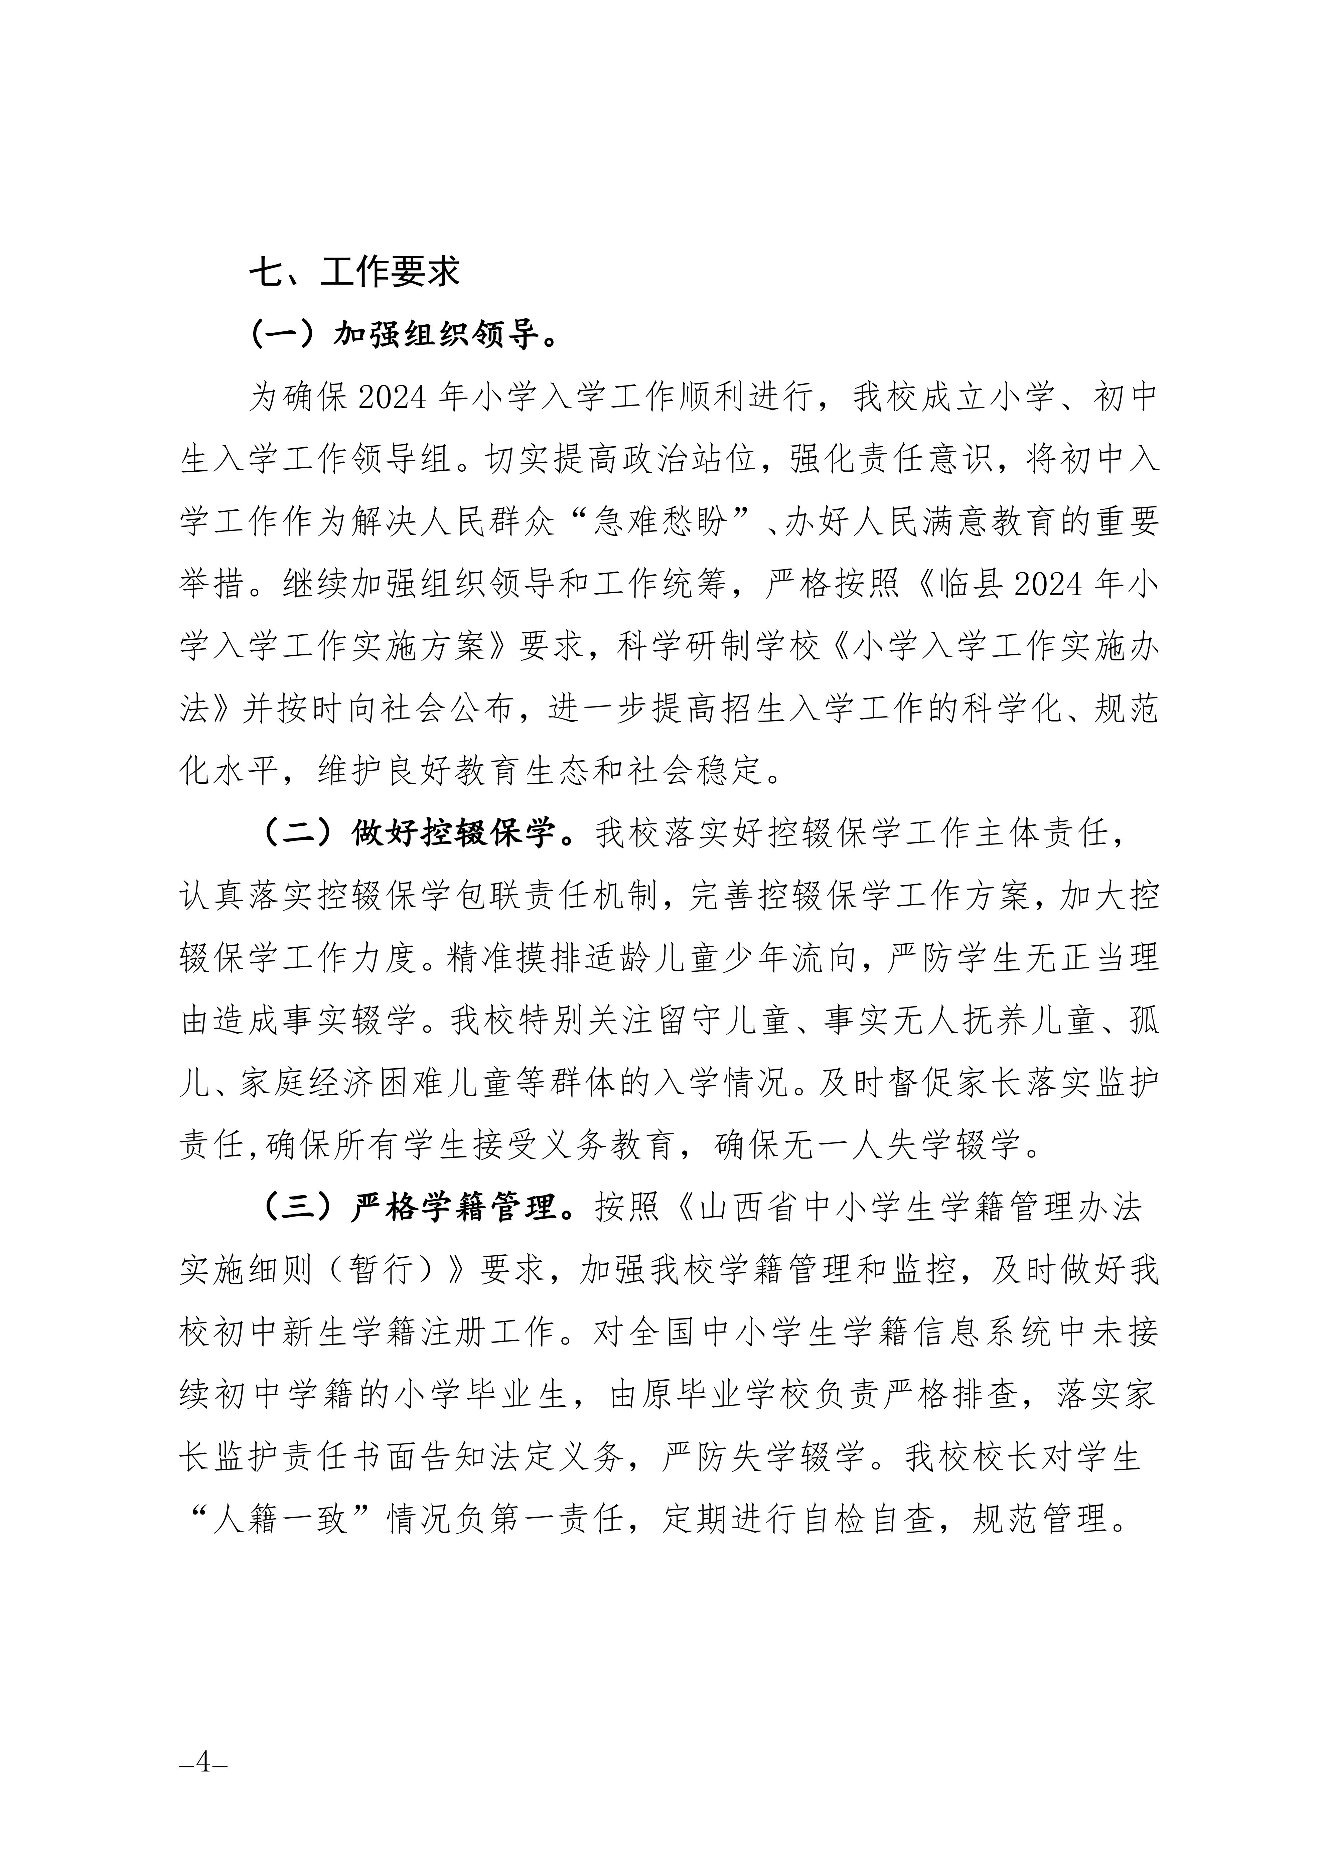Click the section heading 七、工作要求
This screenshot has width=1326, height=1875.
354,272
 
